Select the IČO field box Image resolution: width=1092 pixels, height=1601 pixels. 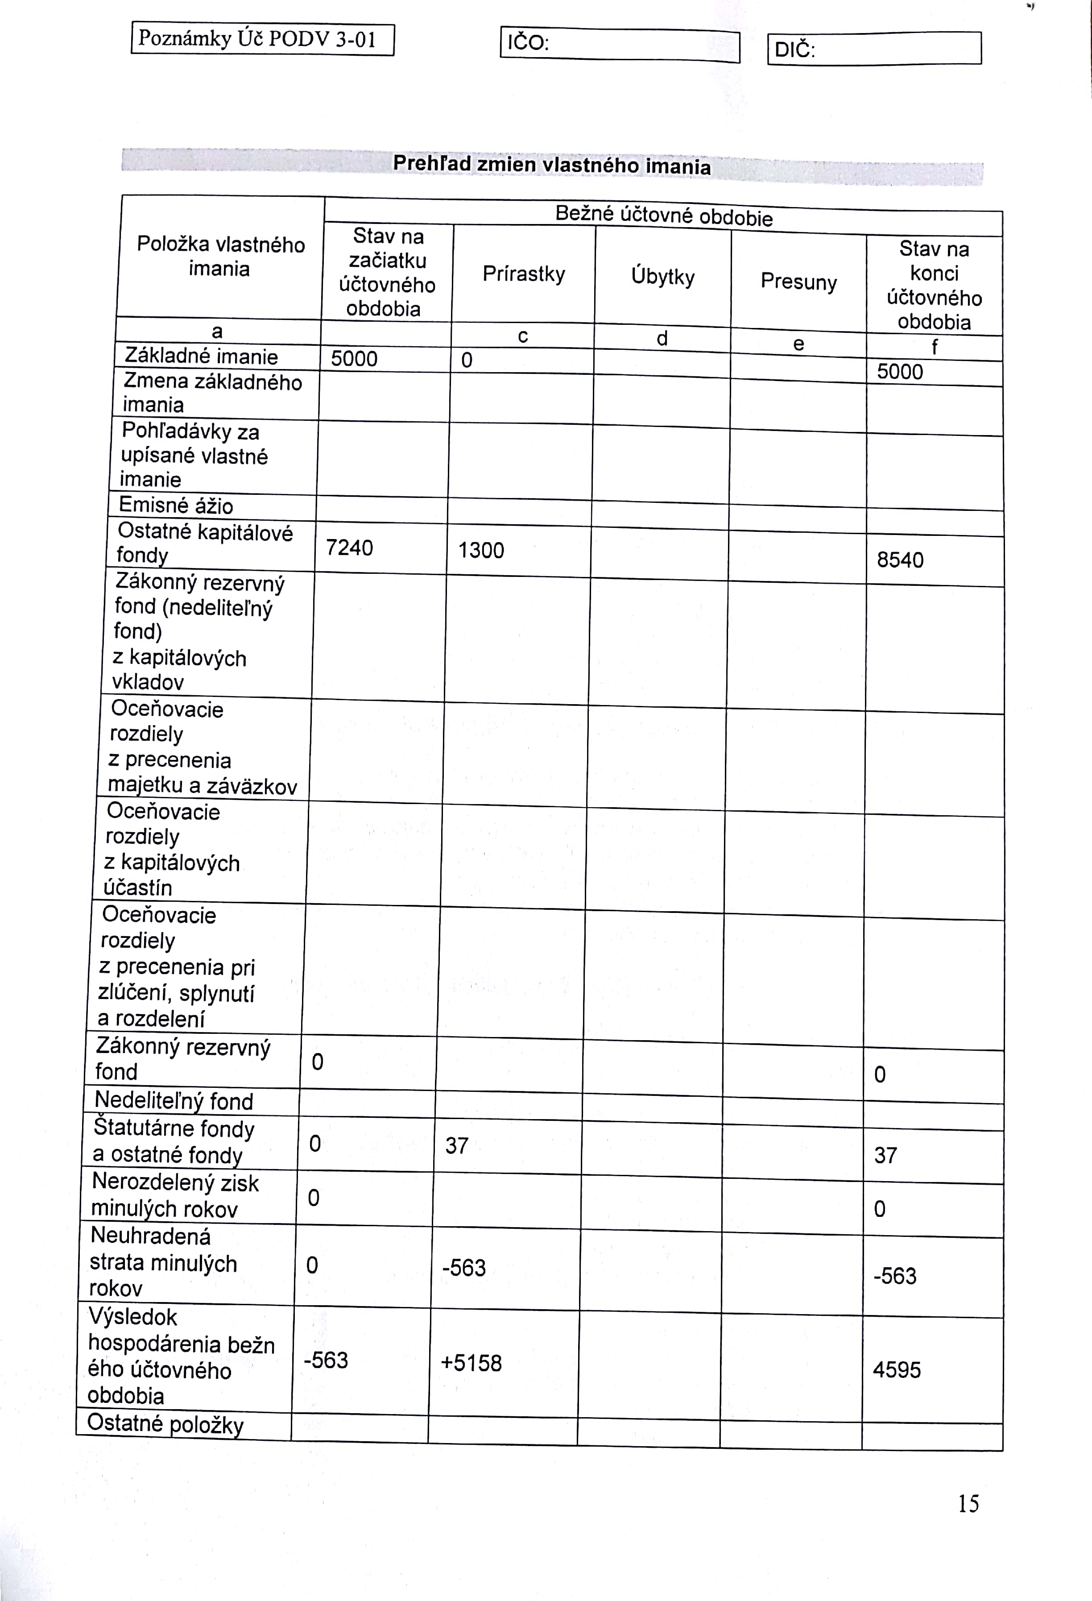tap(620, 45)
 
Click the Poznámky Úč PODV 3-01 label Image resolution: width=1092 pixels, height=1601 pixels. tap(262, 39)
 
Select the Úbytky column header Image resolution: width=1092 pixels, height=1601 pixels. tap(662, 277)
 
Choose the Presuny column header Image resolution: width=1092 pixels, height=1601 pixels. tap(798, 282)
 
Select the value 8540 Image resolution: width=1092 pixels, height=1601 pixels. tap(900, 560)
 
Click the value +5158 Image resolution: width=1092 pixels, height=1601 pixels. tap(471, 1363)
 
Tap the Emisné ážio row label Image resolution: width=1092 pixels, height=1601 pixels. tap(176, 506)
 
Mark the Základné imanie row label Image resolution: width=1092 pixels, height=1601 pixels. tap(201, 356)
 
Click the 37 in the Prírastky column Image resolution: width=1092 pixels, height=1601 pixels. tap(456, 1145)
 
